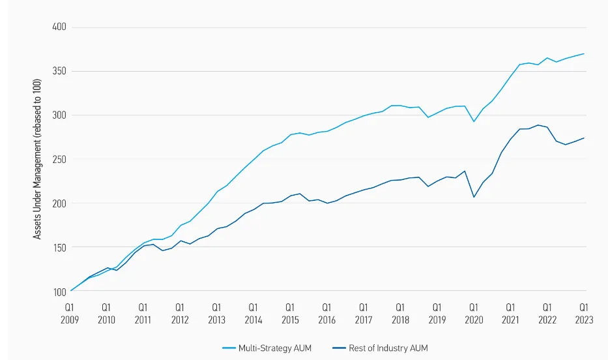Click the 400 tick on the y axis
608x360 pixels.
[59, 27]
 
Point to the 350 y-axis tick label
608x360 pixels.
[59, 71]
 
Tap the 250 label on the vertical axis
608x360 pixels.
[59, 159]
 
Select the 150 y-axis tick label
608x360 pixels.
[59, 247]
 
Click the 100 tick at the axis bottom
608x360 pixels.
[59, 292]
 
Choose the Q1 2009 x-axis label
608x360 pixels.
[70, 314]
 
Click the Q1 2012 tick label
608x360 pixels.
[180, 314]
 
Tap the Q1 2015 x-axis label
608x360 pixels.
[290, 314]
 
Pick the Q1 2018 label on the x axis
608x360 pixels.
[400, 314]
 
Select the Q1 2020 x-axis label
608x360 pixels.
[474, 314]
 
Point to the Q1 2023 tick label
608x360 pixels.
[584, 314]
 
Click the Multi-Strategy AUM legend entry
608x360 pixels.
[267, 348]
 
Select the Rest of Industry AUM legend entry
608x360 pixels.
[381, 348]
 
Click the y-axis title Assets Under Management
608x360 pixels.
[37, 159]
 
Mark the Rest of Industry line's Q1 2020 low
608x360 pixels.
[474, 197]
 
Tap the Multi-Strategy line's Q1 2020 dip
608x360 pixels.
[474, 121]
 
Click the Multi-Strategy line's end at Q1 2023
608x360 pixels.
[584, 54]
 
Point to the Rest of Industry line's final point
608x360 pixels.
[584, 138]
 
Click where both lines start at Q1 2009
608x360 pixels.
[70, 291]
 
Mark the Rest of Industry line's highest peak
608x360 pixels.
[538, 125]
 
